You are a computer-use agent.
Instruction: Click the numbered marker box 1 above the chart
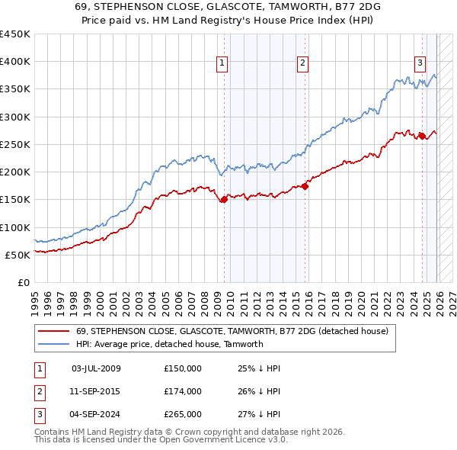click(x=222, y=63)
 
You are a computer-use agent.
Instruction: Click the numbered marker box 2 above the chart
click(x=302, y=63)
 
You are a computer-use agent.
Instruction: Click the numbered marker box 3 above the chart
click(x=420, y=63)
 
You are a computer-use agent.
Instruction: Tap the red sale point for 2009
click(x=224, y=200)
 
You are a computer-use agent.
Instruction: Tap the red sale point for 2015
click(x=305, y=185)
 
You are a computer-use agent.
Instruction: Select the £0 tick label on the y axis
click(x=24, y=282)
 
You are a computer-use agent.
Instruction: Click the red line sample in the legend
click(x=53, y=331)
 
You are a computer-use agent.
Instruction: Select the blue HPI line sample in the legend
click(x=53, y=344)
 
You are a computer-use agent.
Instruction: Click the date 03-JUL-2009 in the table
click(x=96, y=368)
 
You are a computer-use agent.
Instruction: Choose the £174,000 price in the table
click(x=183, y=391)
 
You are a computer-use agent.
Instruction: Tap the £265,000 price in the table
click(x=183, y=414)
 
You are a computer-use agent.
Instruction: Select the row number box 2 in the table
click(x=40, y=391)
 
